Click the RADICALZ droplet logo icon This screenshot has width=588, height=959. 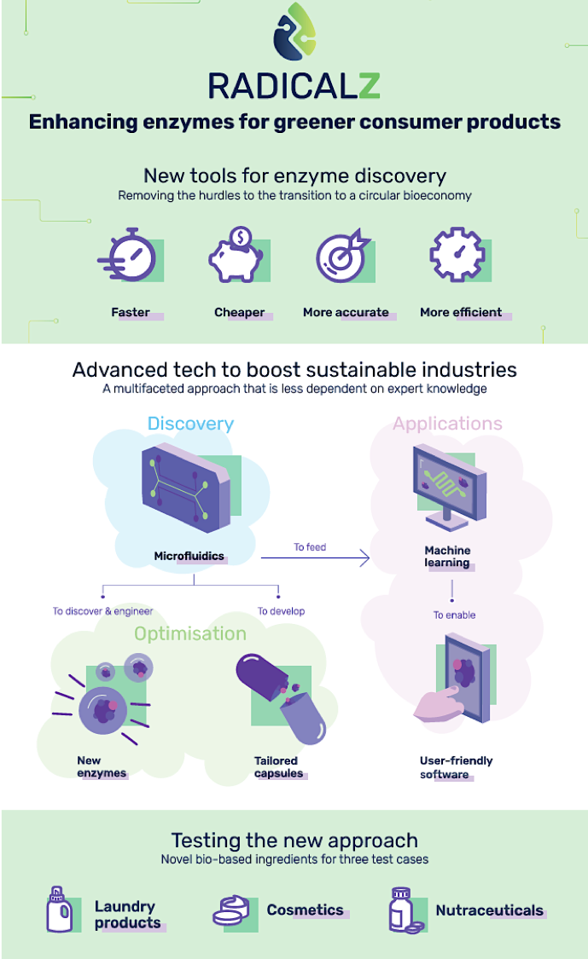pyautogui.click(x=294, y=31)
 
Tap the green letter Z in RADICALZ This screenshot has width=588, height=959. pyautogui.click(x=369, y=85)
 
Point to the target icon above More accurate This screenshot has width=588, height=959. pyautogui.click(x=342, y=256)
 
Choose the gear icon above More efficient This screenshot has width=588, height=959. pyautogui.click(x=457, y=254)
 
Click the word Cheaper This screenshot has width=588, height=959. pyautogui.click(x=240, y=313)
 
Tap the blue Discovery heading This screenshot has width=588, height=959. pyautogui.click(x=190, y=423)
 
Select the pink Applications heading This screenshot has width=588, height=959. pyautogui.click(x=448, y=423)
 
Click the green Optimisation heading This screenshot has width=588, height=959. pyautogui.click(x=190, y=633)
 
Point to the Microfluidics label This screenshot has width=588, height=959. pyautogui.click(x=189, y=556)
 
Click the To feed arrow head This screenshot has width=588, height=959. pyautogui.click(x=365, y=557)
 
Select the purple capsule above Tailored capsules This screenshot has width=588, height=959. pyautogui.click(x=280, y=698)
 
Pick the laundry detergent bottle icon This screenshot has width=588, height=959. pyautogui.click(x=59, y=910)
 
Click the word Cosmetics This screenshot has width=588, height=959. pyautogui.click(x=305, y=910)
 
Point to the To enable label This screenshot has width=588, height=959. pyautogui.click(x=455, y=615)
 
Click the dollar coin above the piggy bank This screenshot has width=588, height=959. pyautogui.click(x=241, y=236)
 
